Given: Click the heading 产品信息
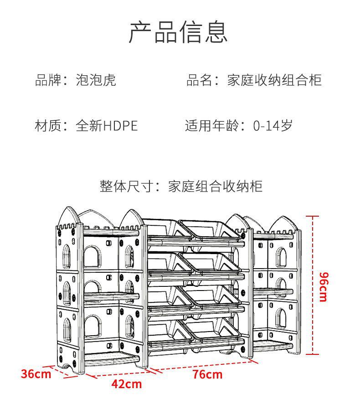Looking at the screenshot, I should point(178,32).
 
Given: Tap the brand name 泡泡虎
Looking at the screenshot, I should point(96,80).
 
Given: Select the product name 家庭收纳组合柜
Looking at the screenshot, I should point(274,80).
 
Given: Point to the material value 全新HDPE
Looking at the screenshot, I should point(107,125).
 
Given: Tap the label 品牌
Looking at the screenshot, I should point(48,80).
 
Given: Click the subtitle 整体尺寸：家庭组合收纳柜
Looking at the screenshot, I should point(181,187).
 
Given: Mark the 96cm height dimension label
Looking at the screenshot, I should point(323,286).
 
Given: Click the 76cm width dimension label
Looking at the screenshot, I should point(207,374).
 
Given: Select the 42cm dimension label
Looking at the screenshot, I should point(127,384).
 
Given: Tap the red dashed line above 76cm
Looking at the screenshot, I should point(203,364).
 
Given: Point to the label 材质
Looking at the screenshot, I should point(48,125).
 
